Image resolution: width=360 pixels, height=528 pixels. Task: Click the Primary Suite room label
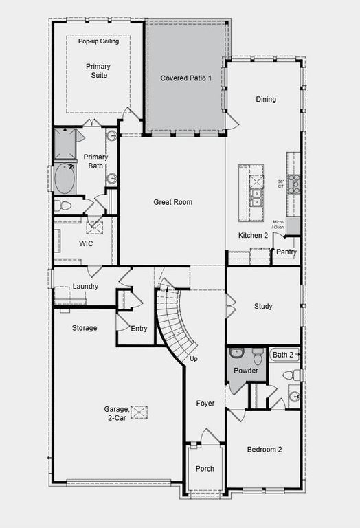[98, 71]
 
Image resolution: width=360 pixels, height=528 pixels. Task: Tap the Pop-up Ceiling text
[98, 41]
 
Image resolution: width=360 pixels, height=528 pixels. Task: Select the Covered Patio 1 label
[186, 79]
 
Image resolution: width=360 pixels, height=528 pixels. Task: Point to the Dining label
[266, 99]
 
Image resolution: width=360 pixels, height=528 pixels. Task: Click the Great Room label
[172, 202]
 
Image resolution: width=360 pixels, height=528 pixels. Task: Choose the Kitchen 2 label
[254, 236]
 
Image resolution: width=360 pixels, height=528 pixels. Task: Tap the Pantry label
[286, 252]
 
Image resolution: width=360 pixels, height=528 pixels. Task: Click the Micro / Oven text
[278, 225]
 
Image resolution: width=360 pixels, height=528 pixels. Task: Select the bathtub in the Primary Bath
[66, 179]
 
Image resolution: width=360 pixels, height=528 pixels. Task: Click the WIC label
[86, 243]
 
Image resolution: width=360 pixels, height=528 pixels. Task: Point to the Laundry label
[86, 286]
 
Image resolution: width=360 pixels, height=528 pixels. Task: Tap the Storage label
[85, 328]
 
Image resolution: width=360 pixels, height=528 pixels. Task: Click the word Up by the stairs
[193, 359]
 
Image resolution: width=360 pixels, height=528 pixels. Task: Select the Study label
[263, 306]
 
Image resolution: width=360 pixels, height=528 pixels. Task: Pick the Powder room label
[245, 371]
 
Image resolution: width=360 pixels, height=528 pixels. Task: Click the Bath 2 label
[282, 355]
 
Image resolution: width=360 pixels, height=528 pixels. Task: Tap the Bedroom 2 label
[265, 449]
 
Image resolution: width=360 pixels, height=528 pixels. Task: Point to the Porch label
[205, 469]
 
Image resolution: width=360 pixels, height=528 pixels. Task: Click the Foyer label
[205, 404]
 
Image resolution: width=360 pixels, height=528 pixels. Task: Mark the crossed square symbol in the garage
[139, 412]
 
